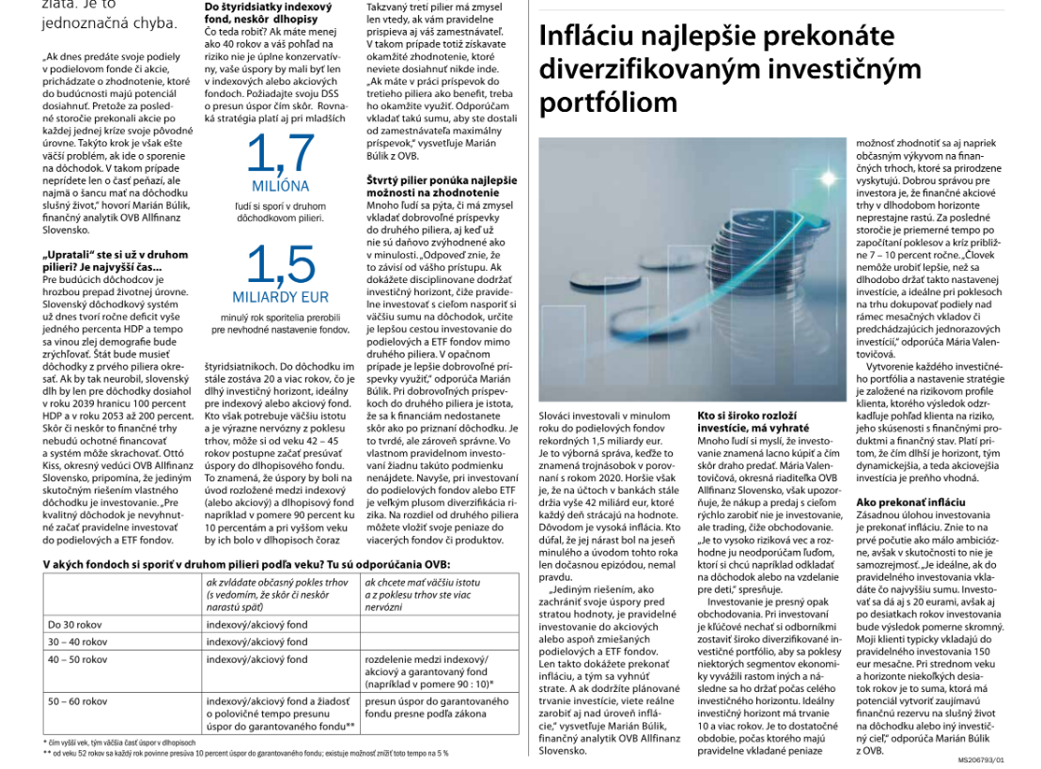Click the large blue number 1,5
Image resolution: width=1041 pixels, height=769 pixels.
pyautogui.click(x=280, y=267)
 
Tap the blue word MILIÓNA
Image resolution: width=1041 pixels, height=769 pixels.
pyautogui.click(x=280, y=186)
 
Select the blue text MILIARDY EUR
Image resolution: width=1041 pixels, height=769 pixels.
pyautogui.click(x=280, y=297)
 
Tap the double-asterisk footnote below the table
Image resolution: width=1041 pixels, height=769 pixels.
pyautogui.click(x=246, y=753)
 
